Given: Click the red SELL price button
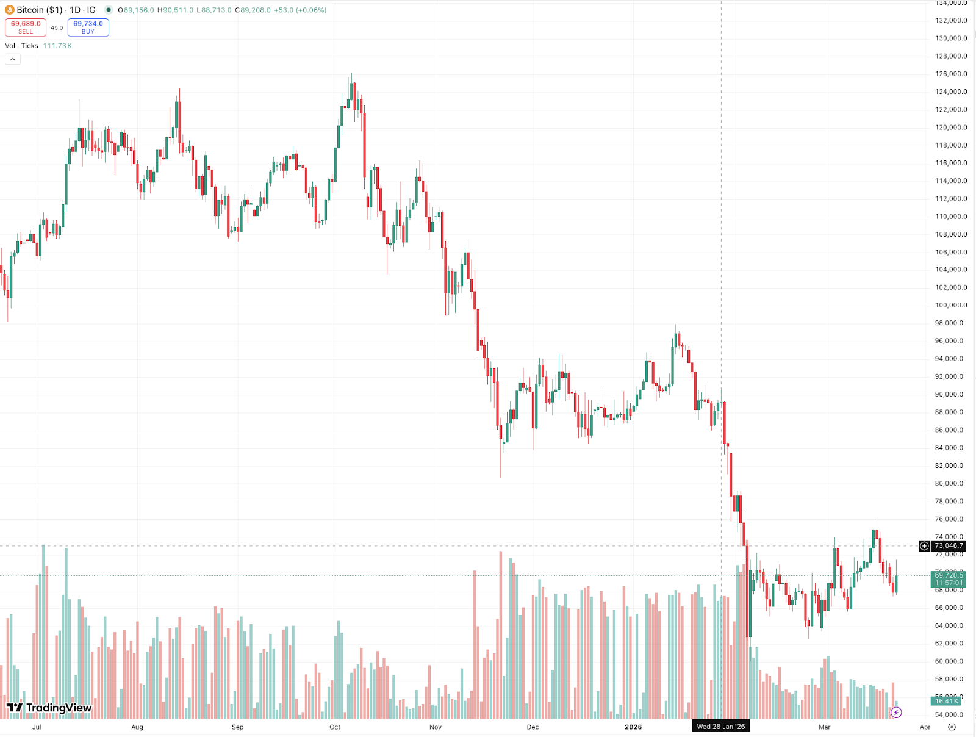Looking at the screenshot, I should point(26,27).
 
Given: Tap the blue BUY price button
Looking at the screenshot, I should point(88,27).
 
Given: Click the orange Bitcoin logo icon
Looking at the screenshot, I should point(10,10).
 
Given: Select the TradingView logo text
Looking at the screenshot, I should point(49,708).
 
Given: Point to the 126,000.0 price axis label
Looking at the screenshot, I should point(951,74).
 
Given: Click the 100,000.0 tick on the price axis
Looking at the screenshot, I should point(951,305).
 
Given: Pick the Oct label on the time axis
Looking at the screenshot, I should point(335,727).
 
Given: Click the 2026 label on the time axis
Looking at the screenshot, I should point(633,727).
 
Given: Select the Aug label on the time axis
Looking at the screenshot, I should point(137,727).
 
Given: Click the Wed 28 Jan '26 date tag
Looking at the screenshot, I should point(721,727).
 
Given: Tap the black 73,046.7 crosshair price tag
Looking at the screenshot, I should point(949,546).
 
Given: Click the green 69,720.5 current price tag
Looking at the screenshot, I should point(949,575).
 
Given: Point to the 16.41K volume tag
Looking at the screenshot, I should point(947,702).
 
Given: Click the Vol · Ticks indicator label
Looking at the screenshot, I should point(21,46).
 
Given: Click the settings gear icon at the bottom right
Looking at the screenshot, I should point(952,727).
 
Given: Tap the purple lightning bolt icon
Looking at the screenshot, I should point(896,712).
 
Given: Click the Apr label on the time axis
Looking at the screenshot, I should point(925,727).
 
